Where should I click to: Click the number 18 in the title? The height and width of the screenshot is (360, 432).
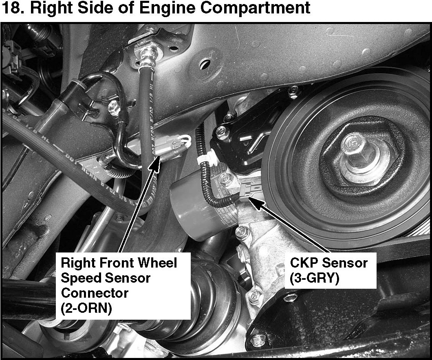pyautogui.click(x=11, y=8)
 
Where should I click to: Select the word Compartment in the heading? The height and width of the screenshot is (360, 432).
pyautogui.click(x=255, y=8)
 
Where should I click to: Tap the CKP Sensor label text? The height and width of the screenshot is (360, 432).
pyautogui.click(x=328, y=263)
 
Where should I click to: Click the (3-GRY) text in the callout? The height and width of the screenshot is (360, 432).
pyautogui.click(x=314, y=279)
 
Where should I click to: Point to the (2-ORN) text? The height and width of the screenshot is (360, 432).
pyautogui.click(x=86, y=308)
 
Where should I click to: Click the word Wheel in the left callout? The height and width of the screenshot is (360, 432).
pyautogui.click(x=157, y=263)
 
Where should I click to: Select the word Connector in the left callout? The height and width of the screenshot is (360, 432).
pyautogui.click(x=95, y=293)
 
